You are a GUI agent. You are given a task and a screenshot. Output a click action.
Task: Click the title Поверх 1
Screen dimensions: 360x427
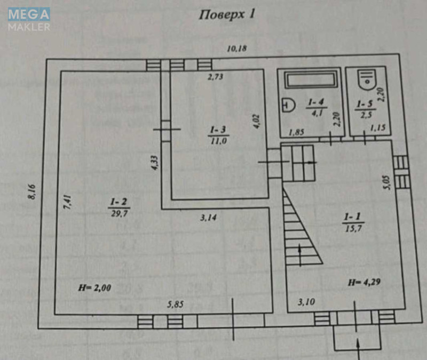pyautogui.click(x=227, y=14)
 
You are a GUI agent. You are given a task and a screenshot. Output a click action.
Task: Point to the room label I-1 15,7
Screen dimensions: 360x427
pyautogui.click(x=351, y=221)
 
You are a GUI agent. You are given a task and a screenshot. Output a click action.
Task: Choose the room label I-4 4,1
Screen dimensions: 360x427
pyautogui.click(x=312, y=106)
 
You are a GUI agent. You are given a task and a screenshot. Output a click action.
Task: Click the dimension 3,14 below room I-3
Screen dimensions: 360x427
pyautogui.click(x=210, y=217)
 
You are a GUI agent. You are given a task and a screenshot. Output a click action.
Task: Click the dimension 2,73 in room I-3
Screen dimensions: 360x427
pyautogui.click(x=215, y=77)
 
